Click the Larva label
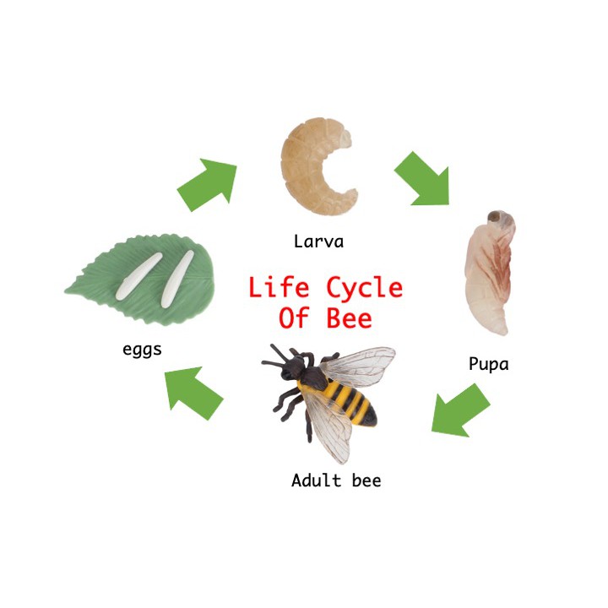point(318,242)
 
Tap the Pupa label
point(489,365)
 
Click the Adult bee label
point(336,481)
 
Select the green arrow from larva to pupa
point(423,178)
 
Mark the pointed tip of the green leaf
point(67,291)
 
